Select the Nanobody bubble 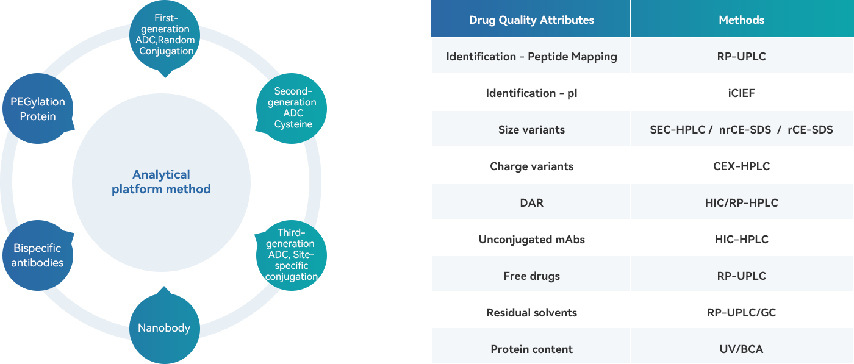coord(164,328)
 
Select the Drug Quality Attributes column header coord(531,20)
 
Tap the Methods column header coord(741,20)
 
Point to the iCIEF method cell coord(741,93)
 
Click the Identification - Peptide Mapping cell coord(531,57)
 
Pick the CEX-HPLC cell coord(741,166)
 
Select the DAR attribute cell coord(531,203)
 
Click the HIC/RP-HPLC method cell coord(741,203)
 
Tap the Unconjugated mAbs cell coord(531,240)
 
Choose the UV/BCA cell coord(741,349)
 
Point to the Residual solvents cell coord(531,313)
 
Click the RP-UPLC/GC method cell coord(741,313)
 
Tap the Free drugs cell coord(531,276)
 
